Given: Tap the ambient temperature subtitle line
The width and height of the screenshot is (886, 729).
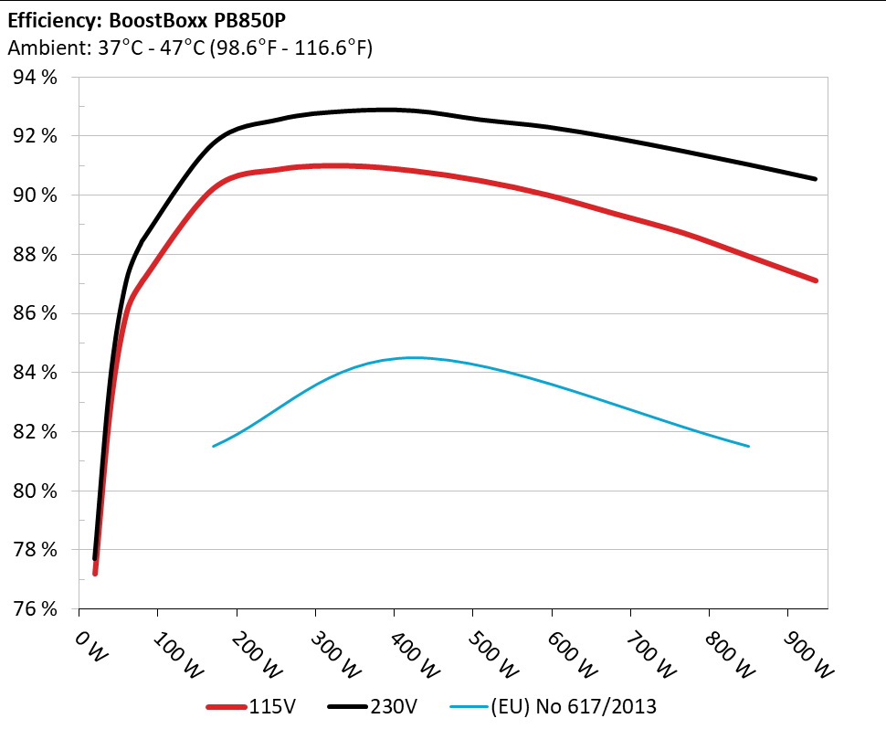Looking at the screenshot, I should (x=189, y=48).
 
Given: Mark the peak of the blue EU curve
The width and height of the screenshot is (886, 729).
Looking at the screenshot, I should (x=412, y=357).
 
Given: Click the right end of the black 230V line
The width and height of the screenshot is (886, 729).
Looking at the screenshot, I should (x=815, y=179).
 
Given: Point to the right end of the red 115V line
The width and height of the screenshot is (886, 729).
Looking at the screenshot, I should (x=815, y=280).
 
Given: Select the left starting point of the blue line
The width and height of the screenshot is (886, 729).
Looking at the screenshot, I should (x=213, y=446).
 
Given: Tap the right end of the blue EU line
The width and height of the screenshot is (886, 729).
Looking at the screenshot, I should (x=749, y=446).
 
